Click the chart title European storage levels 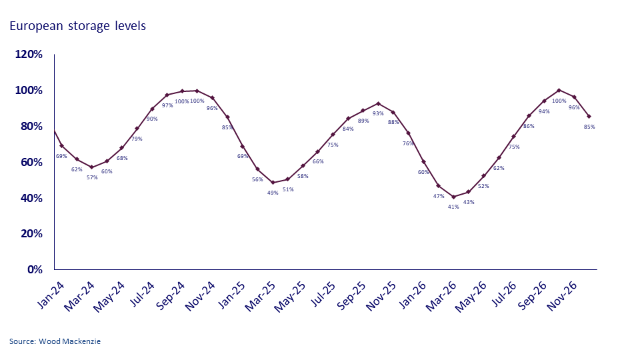pos(77,26)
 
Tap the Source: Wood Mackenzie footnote pos(55,341)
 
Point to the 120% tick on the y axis pos(29,54)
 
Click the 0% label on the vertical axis pos(35,269)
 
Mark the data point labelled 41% pos(453,197)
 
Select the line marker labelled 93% pos(378,103)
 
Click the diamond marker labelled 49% pos(273,182)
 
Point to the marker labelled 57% pos(92,167)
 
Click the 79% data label pos(137,139)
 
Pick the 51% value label pos(288,189)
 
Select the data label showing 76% pos(408,143)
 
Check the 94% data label pos(544,111)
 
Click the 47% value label pos(439,196)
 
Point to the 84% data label pos(347,129)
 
